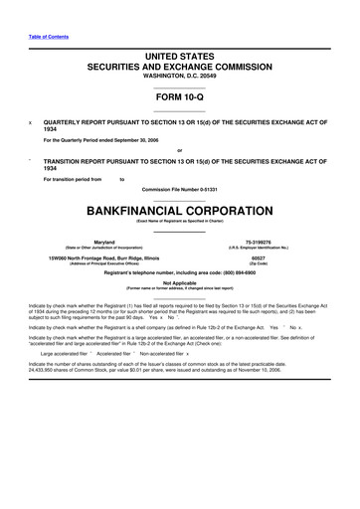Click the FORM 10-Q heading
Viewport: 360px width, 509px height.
click(x=179, y=99)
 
